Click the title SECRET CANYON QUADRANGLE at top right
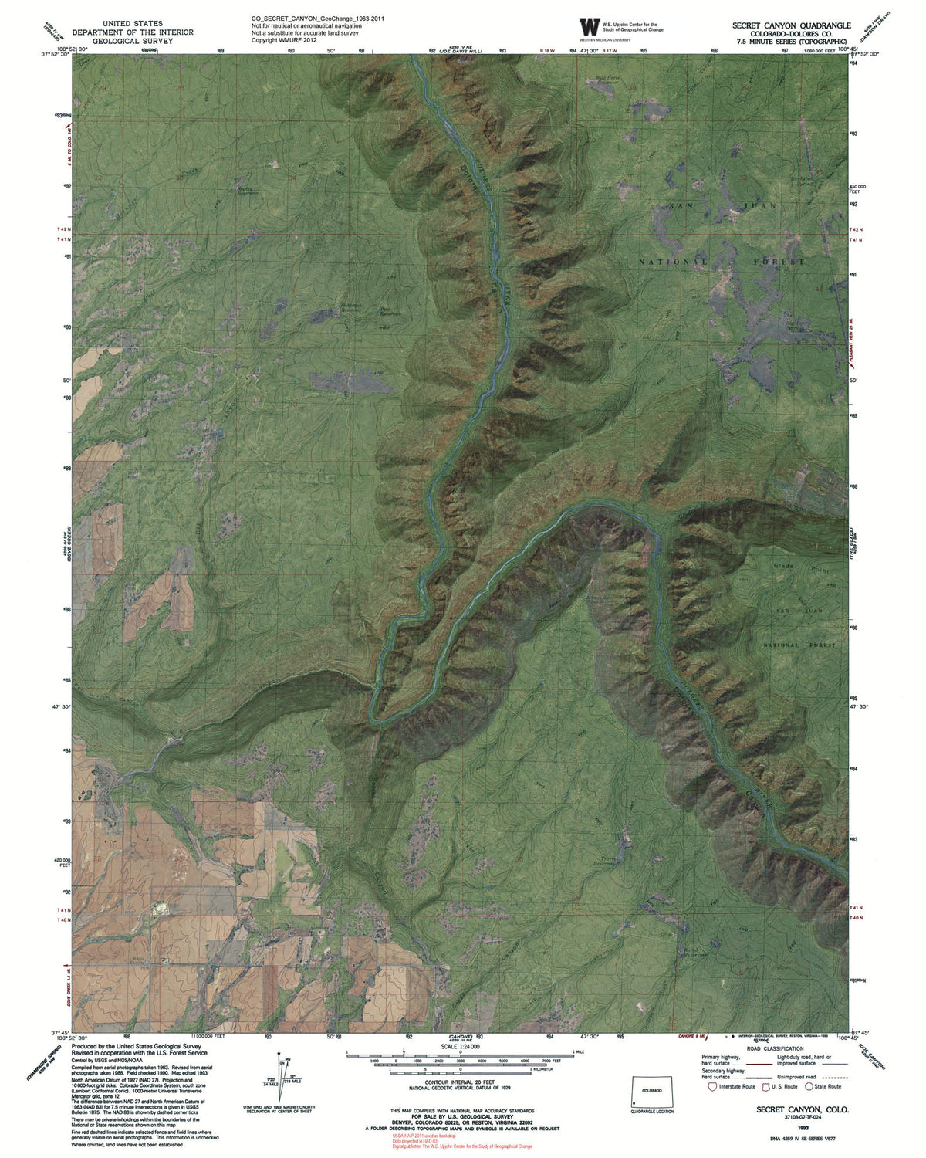point(791,25)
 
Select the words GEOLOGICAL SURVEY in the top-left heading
point(133,41)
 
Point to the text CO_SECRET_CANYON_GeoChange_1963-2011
point(318,19)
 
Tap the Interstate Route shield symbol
point(712,1087)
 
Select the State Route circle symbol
point(809,1087)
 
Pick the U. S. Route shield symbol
point(766,1087)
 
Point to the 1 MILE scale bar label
point(581,1053)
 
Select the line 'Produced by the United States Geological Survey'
point(137,1047)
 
